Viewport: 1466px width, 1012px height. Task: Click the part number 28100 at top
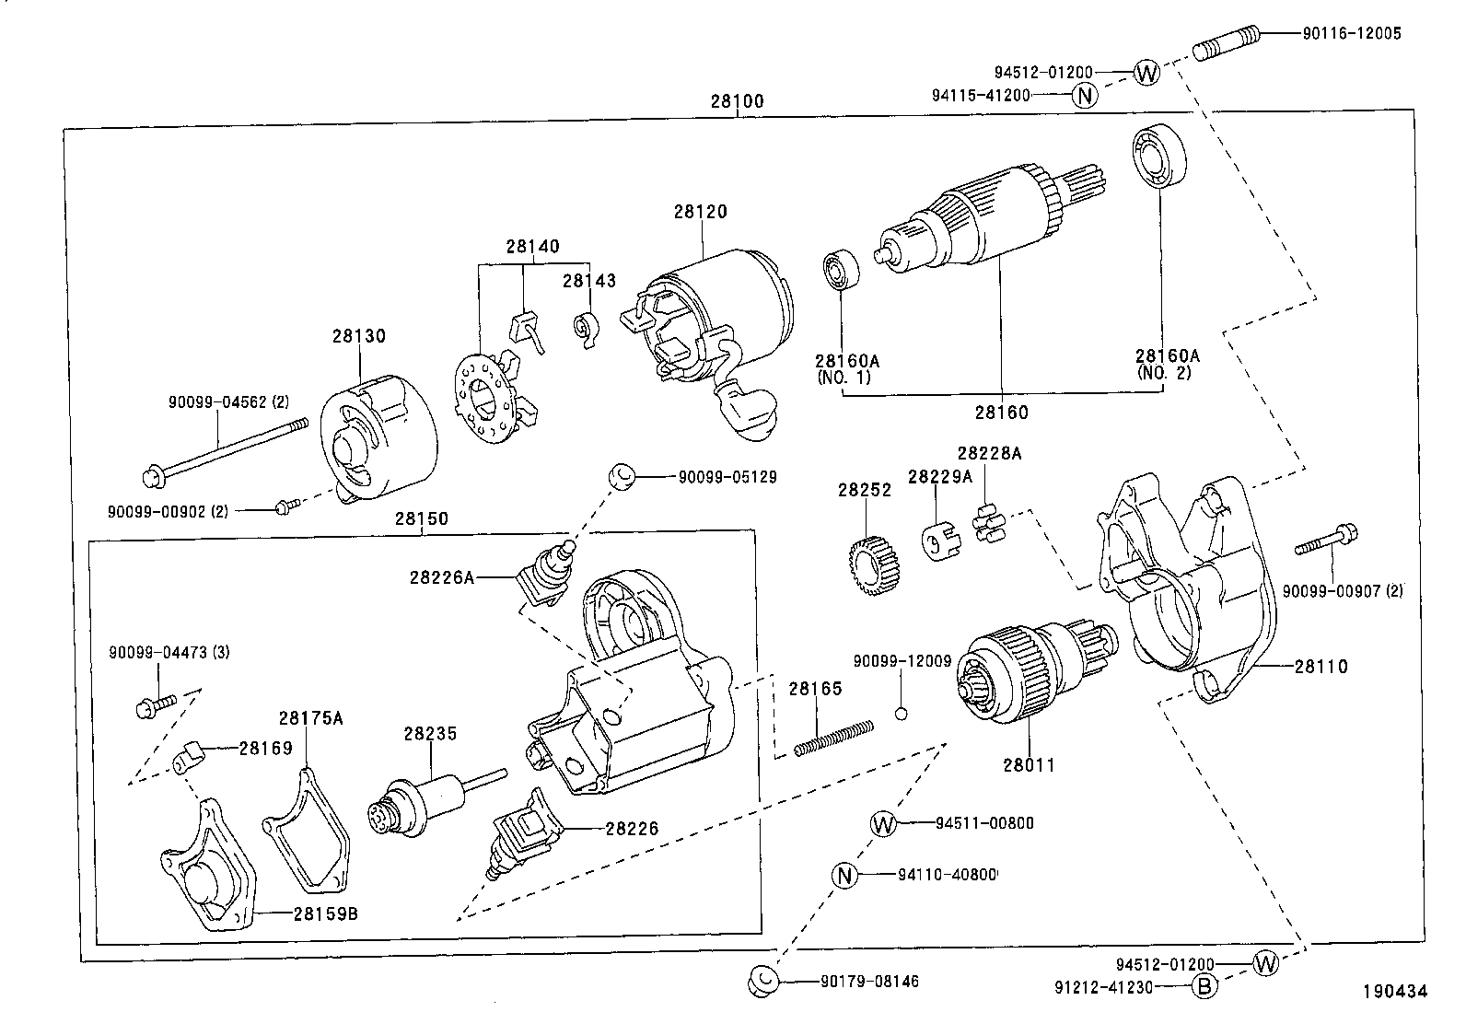[737, 101]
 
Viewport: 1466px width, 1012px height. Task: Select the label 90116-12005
[1351, 33]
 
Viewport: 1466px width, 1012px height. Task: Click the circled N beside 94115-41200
[1085, 95]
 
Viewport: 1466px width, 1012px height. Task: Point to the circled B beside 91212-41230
[1204, 987]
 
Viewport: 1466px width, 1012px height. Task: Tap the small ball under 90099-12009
[902, 712]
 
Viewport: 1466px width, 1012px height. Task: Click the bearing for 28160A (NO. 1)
[840, 268]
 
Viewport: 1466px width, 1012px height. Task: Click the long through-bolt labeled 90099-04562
[226, 451]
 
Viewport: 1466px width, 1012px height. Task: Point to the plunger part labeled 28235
[424, 801]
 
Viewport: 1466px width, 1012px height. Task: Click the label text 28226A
[442, 577]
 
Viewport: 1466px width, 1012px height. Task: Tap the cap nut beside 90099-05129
[621, 477]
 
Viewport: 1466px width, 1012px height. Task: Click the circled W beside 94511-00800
[882, 823]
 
